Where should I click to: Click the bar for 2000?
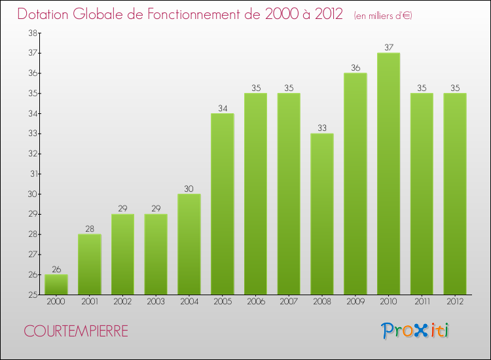(56, 285)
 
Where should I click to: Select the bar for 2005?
(223, 204)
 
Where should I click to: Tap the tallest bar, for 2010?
(388, 173)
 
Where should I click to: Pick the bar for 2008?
(322, 214)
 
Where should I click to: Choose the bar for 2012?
(454, 194)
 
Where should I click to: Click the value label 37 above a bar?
(388, 47)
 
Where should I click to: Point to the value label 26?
(56, 268)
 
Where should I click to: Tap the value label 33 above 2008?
(322, 128)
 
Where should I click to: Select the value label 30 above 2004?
(189, 189)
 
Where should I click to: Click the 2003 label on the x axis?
(156, 302)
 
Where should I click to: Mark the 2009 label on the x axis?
(355, 302)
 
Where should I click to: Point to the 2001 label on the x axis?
(90, 302)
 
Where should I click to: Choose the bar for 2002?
(123, 255)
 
